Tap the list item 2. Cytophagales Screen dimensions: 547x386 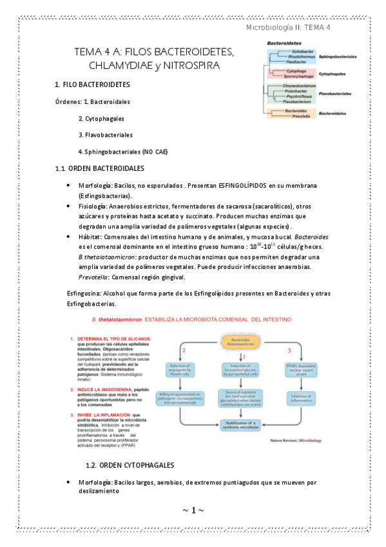[x=101, y=119]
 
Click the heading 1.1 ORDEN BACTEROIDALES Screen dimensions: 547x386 [x=99, y=169]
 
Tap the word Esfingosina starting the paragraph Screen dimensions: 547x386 [x=84, y=293]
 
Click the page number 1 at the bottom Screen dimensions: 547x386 [x=193, y=511]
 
